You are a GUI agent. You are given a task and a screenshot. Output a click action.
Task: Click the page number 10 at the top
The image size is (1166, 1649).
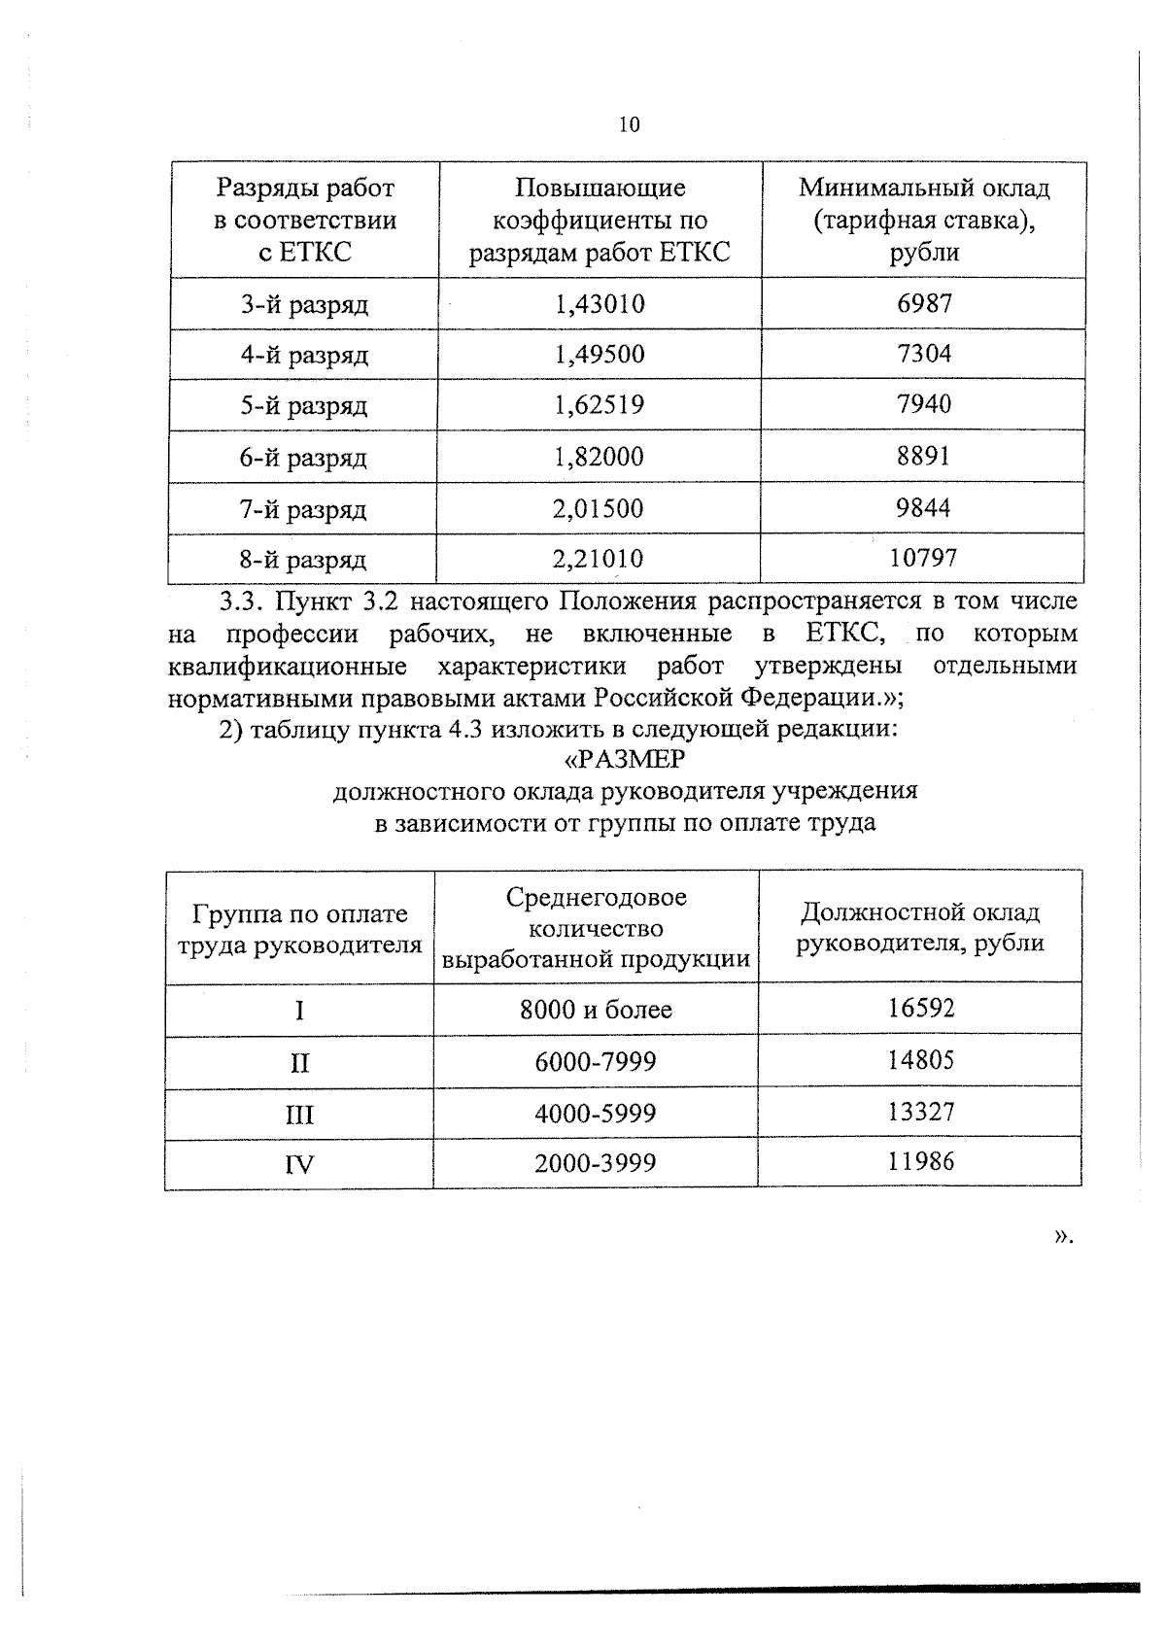pyautogui.click(x=629, y=124)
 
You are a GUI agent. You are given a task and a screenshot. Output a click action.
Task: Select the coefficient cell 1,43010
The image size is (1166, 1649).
pyautogui.click(x=600, y=304)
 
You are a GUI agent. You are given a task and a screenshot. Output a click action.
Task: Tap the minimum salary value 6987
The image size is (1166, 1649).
pyautogui.click(x=924, y=303)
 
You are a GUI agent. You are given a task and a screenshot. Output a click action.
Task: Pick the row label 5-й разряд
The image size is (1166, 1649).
pyautogui.click(x=304, y=406)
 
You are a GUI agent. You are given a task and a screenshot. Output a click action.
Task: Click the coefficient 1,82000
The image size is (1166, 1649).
pyautogui.click(x=599, y=457)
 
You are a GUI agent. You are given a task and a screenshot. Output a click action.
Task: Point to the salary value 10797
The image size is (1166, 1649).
pyautogui.click(x=923, y=558)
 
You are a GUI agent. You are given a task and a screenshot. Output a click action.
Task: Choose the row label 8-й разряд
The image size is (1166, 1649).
pyautogui.click(x=303, y=560)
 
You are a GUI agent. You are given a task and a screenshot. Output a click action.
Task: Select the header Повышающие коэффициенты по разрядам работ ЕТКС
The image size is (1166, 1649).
pyautogui.click(x=600, y=221)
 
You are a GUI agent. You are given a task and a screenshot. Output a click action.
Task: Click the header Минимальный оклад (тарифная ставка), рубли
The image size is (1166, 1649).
pyautogui.click(x=924, y=220)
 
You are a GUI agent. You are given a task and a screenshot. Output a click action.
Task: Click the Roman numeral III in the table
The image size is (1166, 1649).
pyautogui.click(x=299, y=1114)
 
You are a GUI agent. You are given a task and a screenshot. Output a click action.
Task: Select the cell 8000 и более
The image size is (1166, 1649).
pyautogui.click(x=596, y=1010)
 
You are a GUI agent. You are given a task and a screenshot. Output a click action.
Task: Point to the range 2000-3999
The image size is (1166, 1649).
pyautogui.click(x=596, y=1163)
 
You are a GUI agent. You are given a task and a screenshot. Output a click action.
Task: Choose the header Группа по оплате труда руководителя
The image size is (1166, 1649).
pyautogui.click(x=299, y=929)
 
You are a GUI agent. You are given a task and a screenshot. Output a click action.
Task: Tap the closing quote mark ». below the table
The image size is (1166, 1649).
pyautogui.click(x=1063, y=1236)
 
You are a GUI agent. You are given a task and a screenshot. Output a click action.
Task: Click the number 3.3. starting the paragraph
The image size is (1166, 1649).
pyautogui.click(x=239, y=602)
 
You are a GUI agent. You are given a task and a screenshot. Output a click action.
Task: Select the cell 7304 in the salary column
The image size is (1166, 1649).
pyautogui.click(x=924, y=354)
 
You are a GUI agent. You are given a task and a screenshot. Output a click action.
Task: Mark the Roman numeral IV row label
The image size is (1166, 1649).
pyautogui.click(x=299, y=1164)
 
